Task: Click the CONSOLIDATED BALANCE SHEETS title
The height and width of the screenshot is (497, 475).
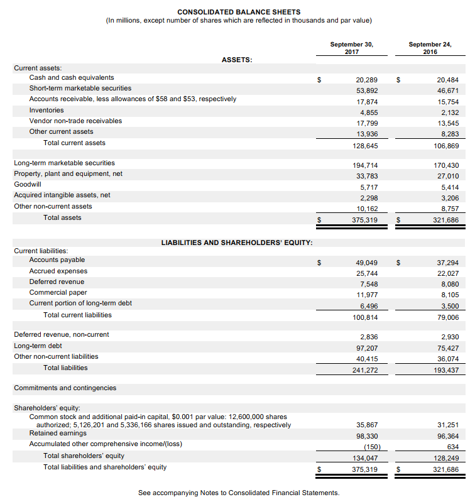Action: coord(238,12)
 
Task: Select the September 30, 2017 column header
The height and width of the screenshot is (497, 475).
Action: coord(352,48)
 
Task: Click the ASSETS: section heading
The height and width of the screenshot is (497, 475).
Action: coord(237,60)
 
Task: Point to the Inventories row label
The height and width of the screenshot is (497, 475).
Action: coord(46,110)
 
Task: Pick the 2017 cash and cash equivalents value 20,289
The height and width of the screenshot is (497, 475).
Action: coord(366,80)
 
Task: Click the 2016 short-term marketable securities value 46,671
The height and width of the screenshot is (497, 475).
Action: coord(447,91)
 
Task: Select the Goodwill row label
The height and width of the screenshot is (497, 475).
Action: coord(28,184)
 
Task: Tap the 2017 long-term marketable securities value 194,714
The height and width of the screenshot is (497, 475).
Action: coord(364,165)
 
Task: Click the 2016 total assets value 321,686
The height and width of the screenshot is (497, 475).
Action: coord(445,220)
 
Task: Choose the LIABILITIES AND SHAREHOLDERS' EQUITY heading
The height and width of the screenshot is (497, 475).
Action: coord(237,243)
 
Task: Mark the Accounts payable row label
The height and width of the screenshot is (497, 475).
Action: coord(57,259)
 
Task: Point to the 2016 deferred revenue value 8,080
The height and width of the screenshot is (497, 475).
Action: coord(449,284)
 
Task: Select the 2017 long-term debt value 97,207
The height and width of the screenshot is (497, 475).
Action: coord(366,347)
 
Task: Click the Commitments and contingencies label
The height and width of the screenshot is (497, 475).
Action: coord(65,388)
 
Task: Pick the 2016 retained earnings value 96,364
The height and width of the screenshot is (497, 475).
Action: coord(447,435)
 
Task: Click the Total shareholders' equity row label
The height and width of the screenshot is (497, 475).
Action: coord(84,456)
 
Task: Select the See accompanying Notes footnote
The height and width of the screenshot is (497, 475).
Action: coord(239,493)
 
